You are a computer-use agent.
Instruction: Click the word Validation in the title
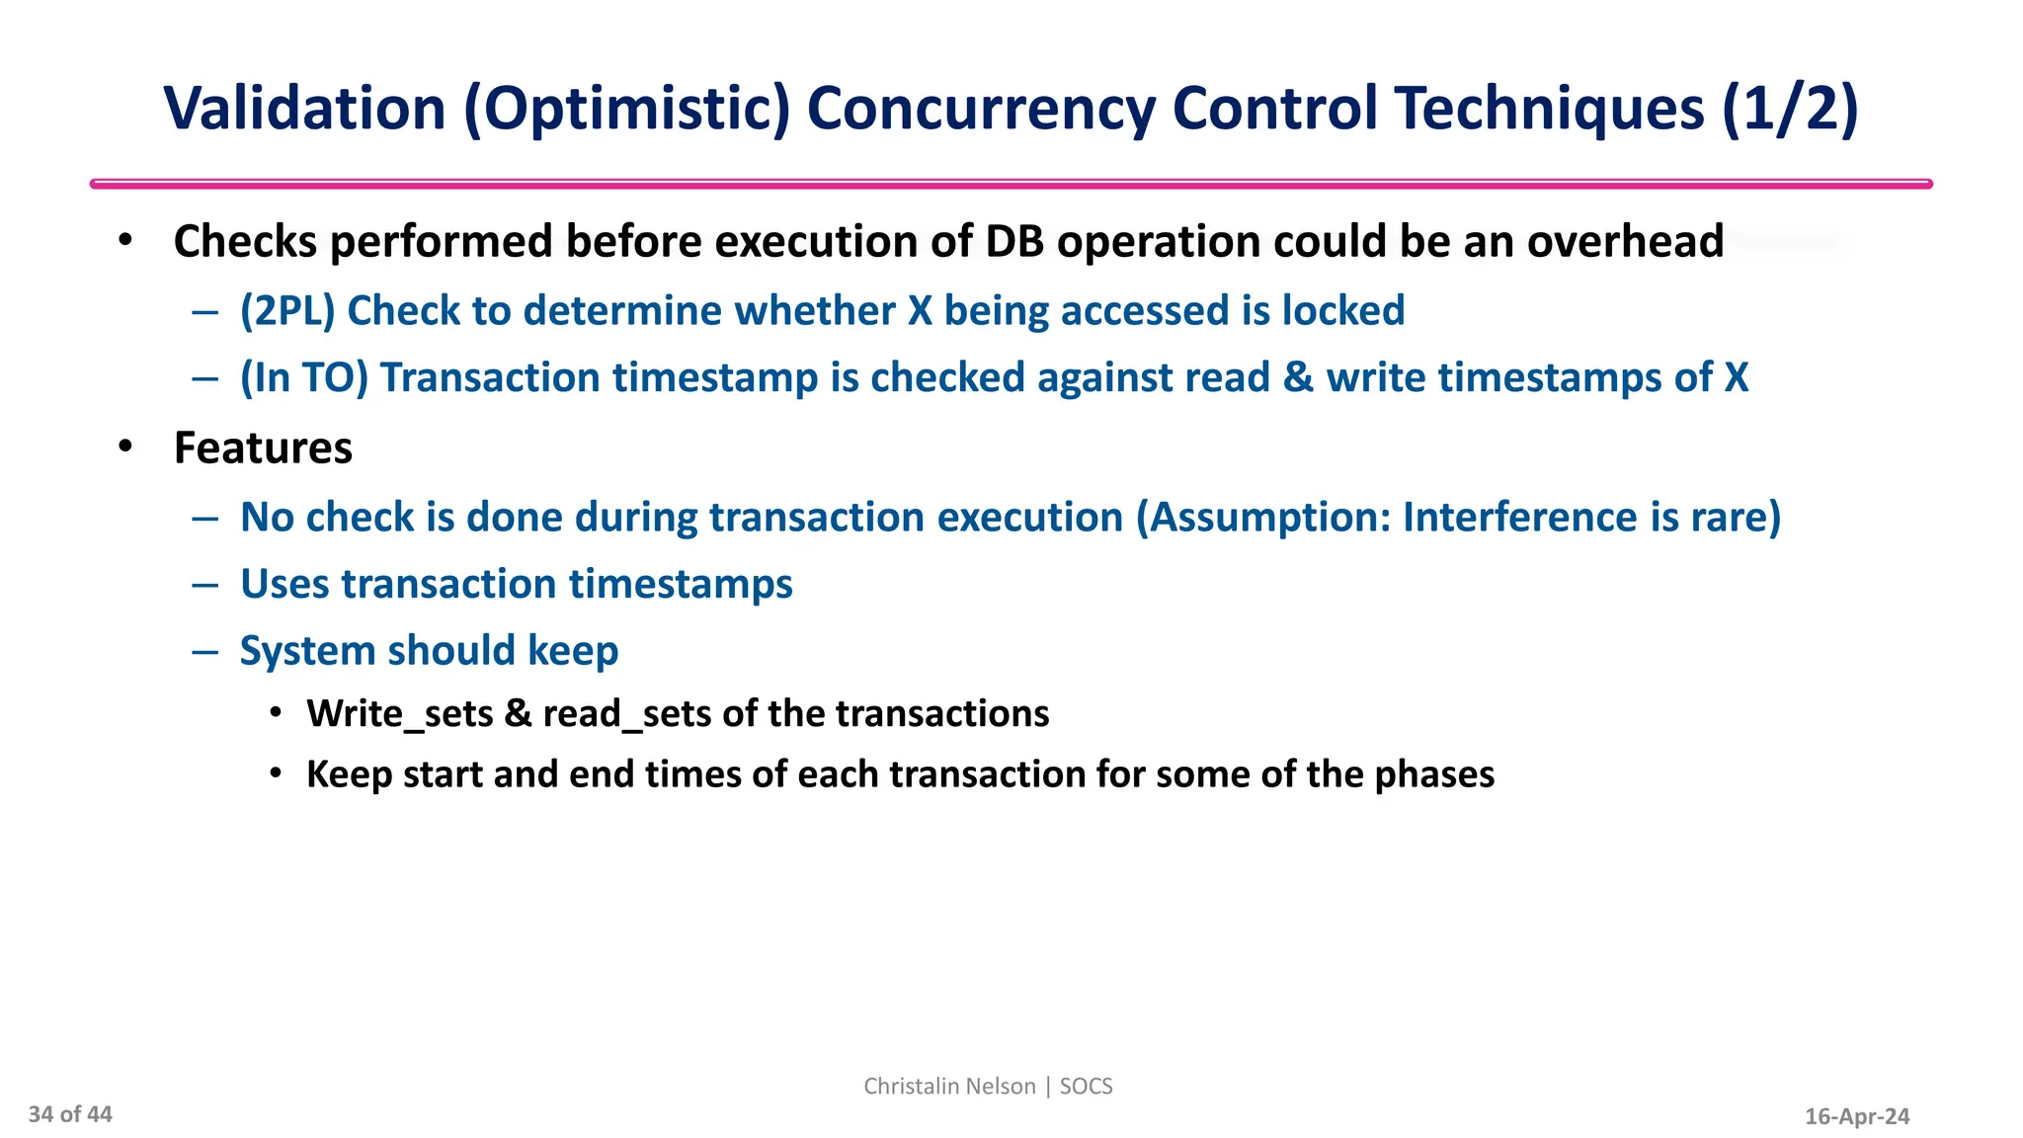304,109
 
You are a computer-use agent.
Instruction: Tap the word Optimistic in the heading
626,109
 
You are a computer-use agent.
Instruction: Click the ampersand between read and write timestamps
1298,378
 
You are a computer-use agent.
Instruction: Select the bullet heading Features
263,448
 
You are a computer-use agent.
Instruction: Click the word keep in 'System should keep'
573,651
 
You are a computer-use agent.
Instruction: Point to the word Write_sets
399,714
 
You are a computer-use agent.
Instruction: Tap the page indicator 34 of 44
70,1115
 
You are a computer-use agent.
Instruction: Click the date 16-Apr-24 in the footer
1857,1117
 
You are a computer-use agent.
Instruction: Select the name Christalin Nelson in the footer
948,1087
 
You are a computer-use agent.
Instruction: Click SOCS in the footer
1086,1087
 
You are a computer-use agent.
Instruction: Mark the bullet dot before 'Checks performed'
124,241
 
